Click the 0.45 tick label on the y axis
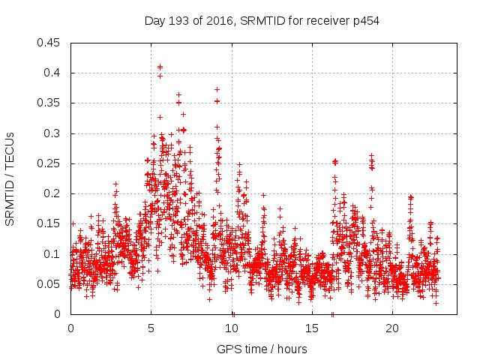[x=51, y=43]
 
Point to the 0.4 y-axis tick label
[x=54, y=73]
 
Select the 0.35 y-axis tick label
[x=51, y=103]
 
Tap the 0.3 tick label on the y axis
[x=54, y=133]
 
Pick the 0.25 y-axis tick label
[x=51, y=163]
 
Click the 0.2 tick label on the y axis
[x=54, y=193]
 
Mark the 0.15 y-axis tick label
[x=51, y=224]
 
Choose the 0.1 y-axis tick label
[x=54, y=254]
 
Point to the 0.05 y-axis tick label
[x=51, y=284]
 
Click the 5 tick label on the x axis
[x=151, y=328]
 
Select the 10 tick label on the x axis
[x=232, y=328]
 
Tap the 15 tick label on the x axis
[x=312, y=328]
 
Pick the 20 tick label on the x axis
[x=392, y=328]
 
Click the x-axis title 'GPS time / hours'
[x=262, y=349]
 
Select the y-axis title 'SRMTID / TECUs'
[x=10, y=179]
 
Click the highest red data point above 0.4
[x=160, y=67]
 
